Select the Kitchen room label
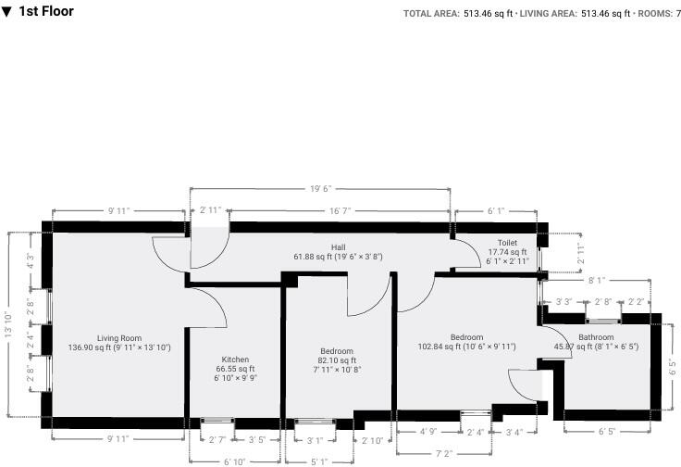pyautogui.click(x=235, y=359)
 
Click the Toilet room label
pyautogui.click(x=508, y=242)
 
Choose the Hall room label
pyautogui.click(x=339, y=246)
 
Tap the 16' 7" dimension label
pyautogui.click(x=339, y=211)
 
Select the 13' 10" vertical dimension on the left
pyautogui.click(x=10, y=323)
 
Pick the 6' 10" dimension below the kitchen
pyautogui.click(x=235, y=461)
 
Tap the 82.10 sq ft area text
pyautogui.click(x=336, y=360)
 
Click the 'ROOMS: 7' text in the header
pyautogui.click(x=658, y=13)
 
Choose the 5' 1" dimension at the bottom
pyautogui.click(x=318, y=461)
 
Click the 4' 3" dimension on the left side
pyautogui.click(x=30, y=261)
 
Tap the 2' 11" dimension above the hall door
pyautogui.click(x=209, y=211)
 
